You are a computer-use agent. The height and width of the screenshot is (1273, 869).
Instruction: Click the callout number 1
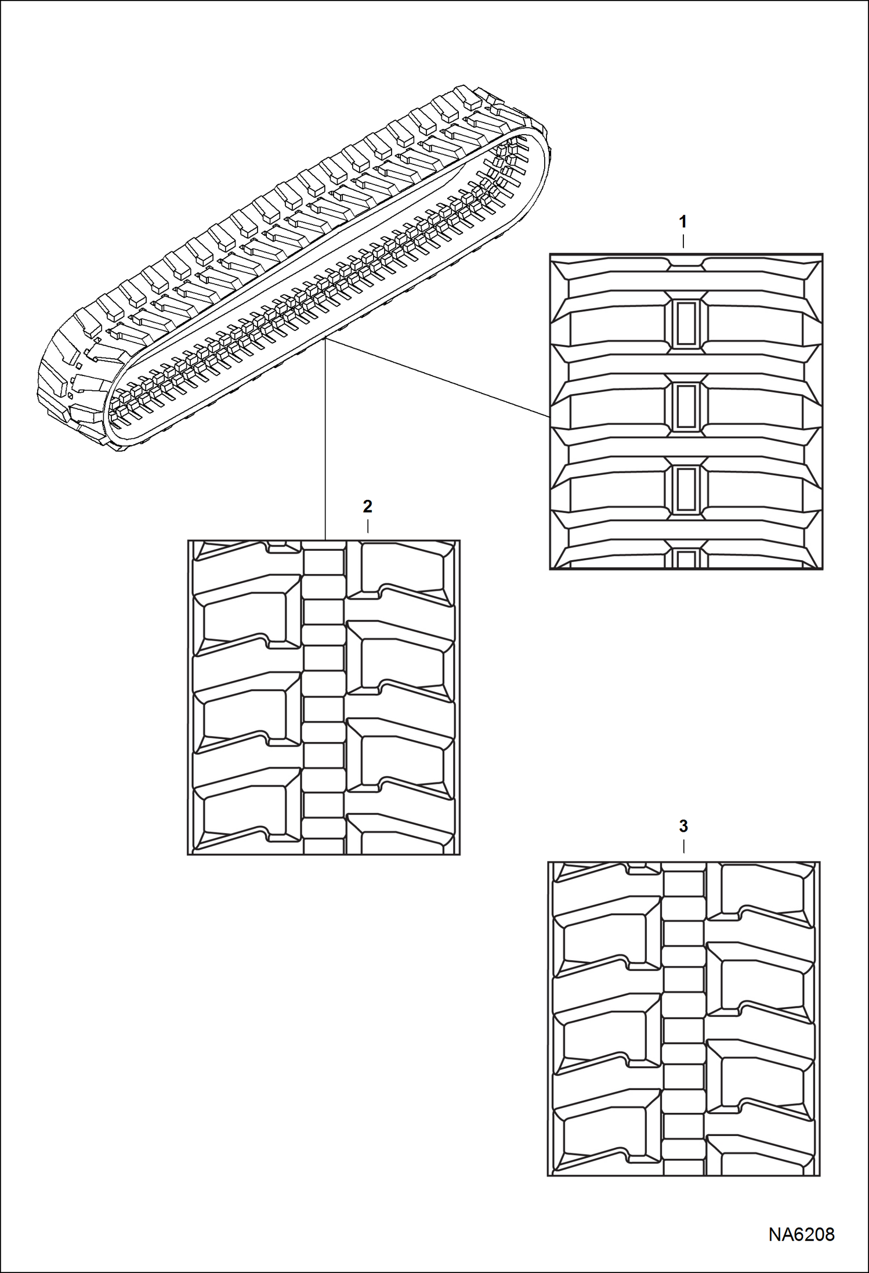coord(683,221)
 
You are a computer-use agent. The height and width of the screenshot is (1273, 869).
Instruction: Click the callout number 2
coord(367,506)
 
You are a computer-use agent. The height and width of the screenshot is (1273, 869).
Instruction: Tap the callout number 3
coord(683,825)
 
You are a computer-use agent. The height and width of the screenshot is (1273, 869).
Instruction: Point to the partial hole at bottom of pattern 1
coord(686,559)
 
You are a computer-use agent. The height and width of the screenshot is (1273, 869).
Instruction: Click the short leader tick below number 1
coord(683,241)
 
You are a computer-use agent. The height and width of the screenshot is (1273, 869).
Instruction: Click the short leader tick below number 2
coord(368,526)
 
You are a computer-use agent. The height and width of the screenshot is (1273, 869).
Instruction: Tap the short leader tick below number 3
coord(684,846)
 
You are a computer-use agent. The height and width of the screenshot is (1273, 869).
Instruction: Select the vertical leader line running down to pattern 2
coord(325,441)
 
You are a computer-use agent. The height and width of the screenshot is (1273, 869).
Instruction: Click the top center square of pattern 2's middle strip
coord(324,562)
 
